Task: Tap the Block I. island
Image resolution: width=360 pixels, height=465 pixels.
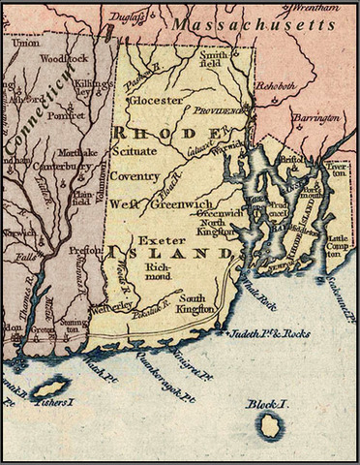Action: point(268,423)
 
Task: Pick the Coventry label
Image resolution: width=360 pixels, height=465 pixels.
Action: point(134,176)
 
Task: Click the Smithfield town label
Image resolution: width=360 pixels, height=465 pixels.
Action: point(214,61)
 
